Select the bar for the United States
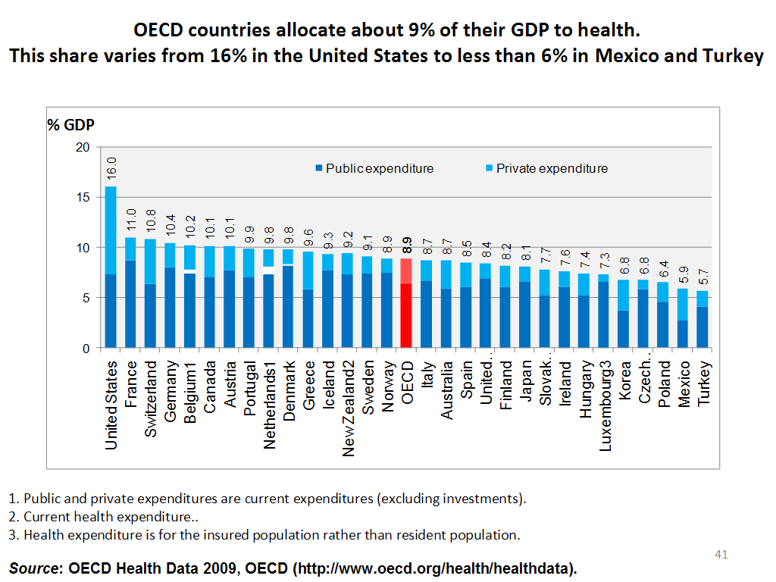click(x=111, y=273)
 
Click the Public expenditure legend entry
click(x=374, y=168)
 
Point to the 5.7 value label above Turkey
click(x=703, y=276)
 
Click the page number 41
click(x=721, y=555)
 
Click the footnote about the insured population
click(x=264, y=535)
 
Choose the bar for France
click(x=130, y=296)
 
